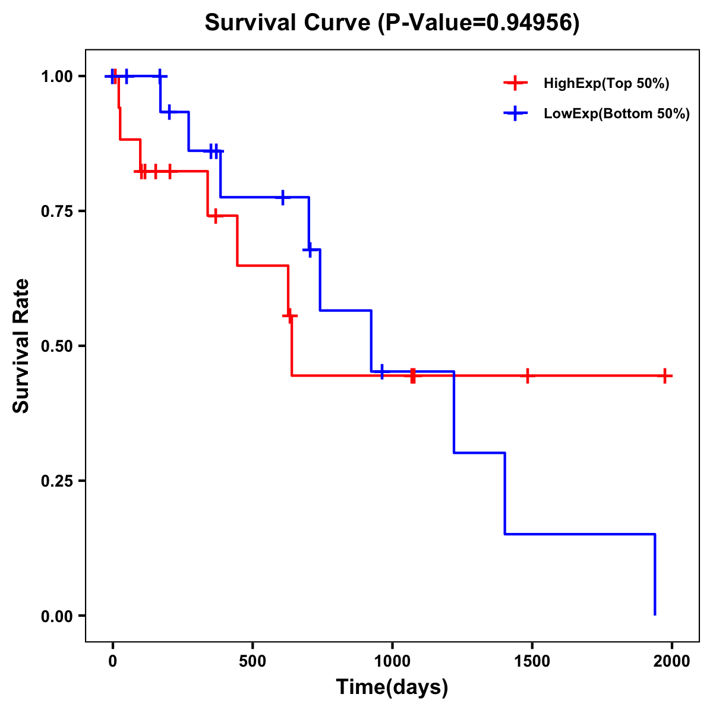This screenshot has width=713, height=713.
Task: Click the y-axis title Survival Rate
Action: tap(21, 345)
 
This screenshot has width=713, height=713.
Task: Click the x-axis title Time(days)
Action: tap(392, 687)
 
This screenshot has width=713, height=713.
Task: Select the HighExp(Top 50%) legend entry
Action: tap(606, 84)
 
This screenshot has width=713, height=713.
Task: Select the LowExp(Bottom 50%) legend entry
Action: tap(616, 114)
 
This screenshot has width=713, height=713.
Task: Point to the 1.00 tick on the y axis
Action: tap(56, 77)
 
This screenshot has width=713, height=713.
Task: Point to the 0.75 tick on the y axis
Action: tap(56, 212)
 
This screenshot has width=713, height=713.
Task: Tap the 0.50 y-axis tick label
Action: tap(56, 346)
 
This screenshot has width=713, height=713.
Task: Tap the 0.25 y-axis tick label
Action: tap(56, 481)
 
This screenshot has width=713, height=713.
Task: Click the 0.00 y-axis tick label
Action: tap(56, 616)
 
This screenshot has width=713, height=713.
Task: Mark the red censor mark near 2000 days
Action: tap(665, 376)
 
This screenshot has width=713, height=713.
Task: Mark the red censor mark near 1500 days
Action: tap(527, 376)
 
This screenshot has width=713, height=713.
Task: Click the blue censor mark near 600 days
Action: tap(282, 197)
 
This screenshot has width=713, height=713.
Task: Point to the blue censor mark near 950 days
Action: tap(381, 372)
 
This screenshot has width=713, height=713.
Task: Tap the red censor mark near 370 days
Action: tap(215, 216)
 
